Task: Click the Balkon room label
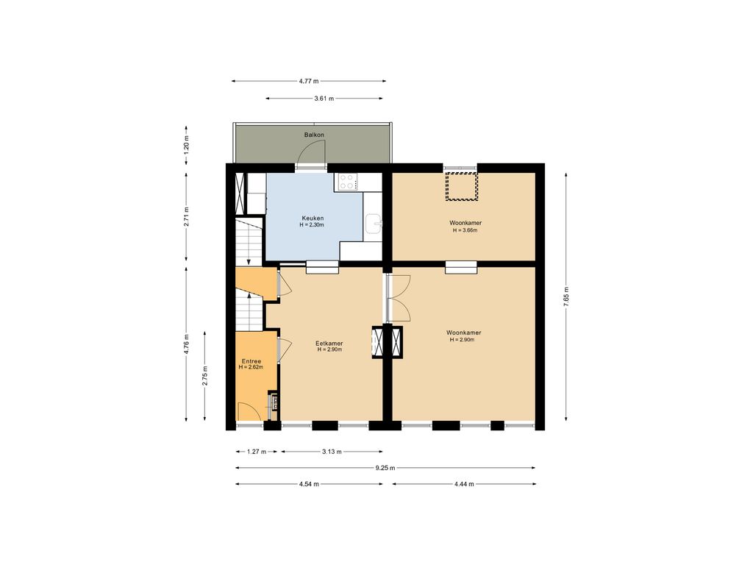click(314, 135)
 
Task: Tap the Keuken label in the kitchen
click(313, 218)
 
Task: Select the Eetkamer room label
click(329, 344)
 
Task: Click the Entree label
click(251, 361)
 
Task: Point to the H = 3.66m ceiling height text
click(465, 230)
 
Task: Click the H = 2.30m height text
click(312, 224)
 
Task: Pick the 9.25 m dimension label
click(385, 468)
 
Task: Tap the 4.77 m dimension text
click(309, 81)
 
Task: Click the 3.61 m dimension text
click(324, 99)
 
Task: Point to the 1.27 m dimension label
click(257, 452)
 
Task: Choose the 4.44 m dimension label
click(464, 484)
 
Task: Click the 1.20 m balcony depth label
click(186, 145)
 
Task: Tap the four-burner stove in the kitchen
click(347, 182)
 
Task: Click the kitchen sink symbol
click(373, 224)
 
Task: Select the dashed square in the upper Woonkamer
click(462, 186)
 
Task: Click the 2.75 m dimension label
click(205, 376)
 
